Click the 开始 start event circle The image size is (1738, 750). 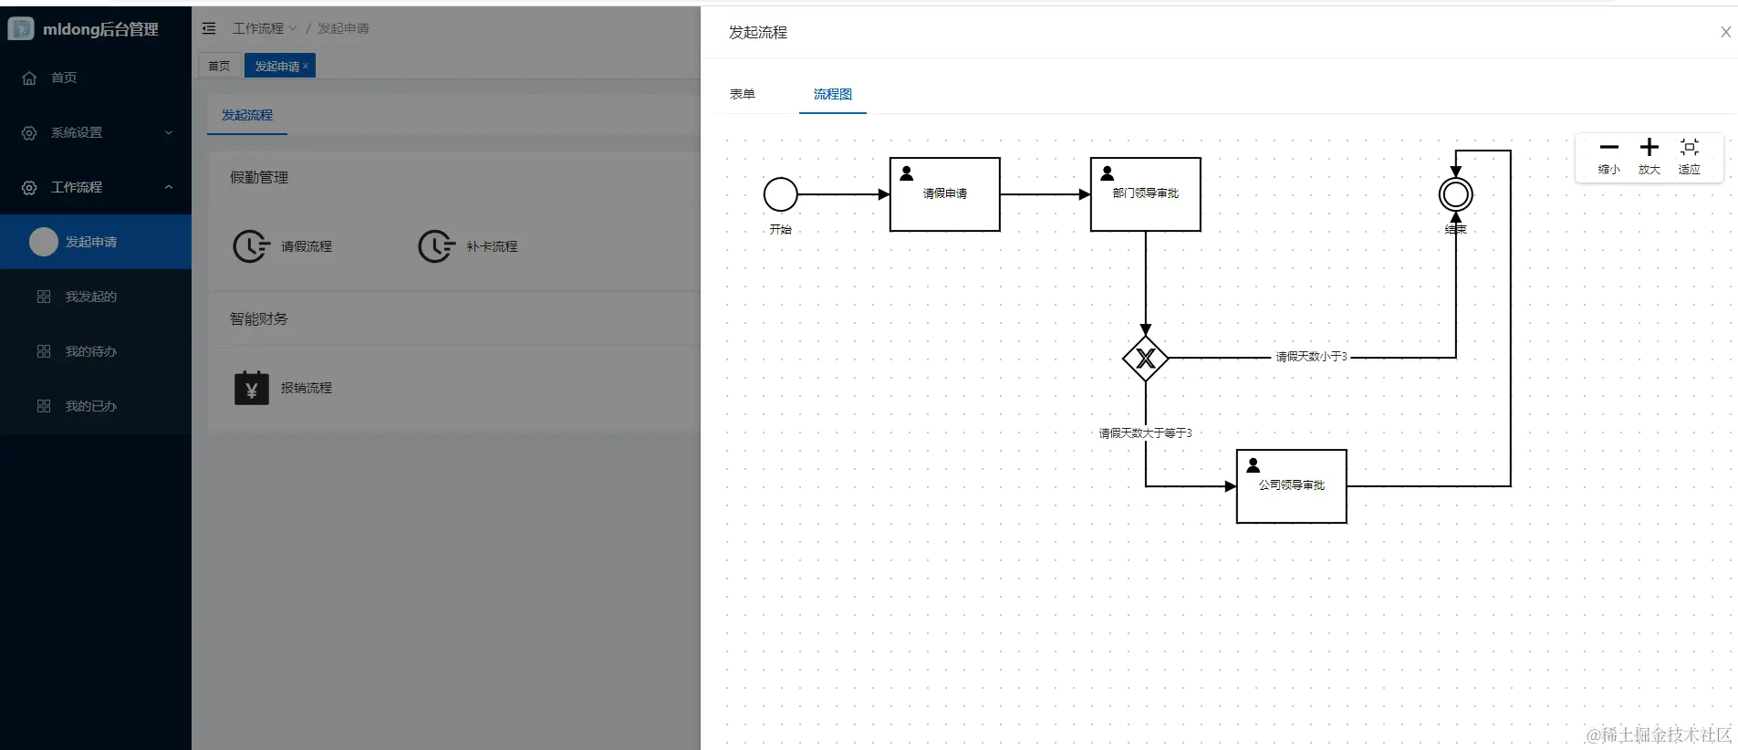point(780,194)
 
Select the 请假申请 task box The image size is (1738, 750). point(944,194)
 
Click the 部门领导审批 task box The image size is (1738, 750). point(1145,194)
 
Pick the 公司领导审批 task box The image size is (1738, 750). point(1291,486)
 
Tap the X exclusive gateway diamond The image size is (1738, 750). point(1145,359)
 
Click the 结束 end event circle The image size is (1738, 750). point(1455,194)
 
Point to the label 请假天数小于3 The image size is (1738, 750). point(1311,357)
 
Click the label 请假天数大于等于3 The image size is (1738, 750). point(1145,433)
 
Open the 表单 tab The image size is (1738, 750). point(742,94)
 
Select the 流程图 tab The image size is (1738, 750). point(832,94)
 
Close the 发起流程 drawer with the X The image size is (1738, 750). point(1725,32)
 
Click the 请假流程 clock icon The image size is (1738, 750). point(251,246)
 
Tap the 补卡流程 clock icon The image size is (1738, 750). point(436,246)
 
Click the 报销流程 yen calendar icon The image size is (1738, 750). point(251,388)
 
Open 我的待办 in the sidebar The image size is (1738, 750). point(90,351)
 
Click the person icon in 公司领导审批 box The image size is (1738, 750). point(1254,465)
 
